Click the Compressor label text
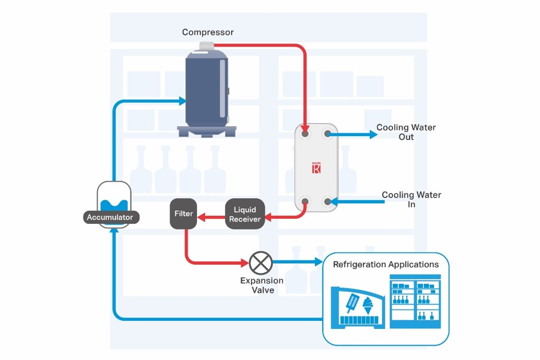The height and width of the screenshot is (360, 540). tap(208, 32)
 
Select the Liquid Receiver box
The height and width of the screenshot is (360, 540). tap(244, 214)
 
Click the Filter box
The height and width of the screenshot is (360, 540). tap(183, 214)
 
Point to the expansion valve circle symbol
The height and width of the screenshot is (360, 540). tap(260, 262)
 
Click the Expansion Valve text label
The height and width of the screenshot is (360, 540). tap(262, 285)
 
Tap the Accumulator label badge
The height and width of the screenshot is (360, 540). tap(110, 218)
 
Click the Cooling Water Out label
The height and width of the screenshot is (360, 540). tap(406, 132)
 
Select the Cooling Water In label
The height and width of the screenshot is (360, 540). tap(411, 199)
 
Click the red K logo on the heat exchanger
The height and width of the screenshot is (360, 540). tap(316, 168)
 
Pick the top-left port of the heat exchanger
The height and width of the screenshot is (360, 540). tap(304, 134)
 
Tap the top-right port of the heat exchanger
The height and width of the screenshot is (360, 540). tap(327, 134)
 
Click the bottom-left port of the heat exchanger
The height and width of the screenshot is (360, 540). tap(304, 201)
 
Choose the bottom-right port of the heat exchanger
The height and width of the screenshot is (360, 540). tap(327, 201)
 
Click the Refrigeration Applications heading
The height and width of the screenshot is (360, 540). tap(385, 264)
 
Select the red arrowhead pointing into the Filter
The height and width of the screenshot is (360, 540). tap(201, 217)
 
